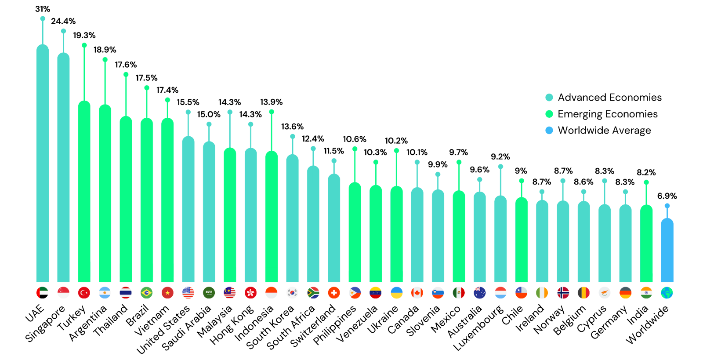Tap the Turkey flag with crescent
84,292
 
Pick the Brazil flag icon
146,292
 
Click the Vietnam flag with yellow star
167,292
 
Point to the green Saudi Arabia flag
209,292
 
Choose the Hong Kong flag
250,292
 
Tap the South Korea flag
292,292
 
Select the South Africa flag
313,292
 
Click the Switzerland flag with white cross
334,292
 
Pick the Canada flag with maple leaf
417,292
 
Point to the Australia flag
479,292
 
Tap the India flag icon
646,292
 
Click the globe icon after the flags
667,292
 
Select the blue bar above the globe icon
667,251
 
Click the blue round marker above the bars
549,131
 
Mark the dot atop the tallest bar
43,18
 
